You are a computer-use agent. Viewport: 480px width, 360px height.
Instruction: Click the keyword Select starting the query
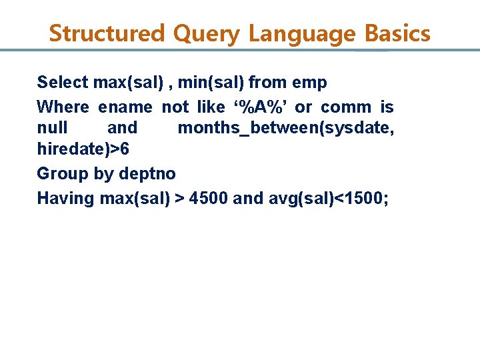63,83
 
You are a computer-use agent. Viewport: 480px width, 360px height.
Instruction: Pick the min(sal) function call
215,83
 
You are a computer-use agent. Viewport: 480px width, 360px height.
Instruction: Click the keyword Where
63,107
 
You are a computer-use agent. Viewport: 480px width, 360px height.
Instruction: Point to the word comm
346,107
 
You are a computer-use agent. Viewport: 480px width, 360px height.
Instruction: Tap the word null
52,128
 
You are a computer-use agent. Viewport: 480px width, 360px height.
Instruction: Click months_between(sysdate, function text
285,128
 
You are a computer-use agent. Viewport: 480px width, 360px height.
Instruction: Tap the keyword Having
65,199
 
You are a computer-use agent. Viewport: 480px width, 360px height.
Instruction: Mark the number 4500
209,199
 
